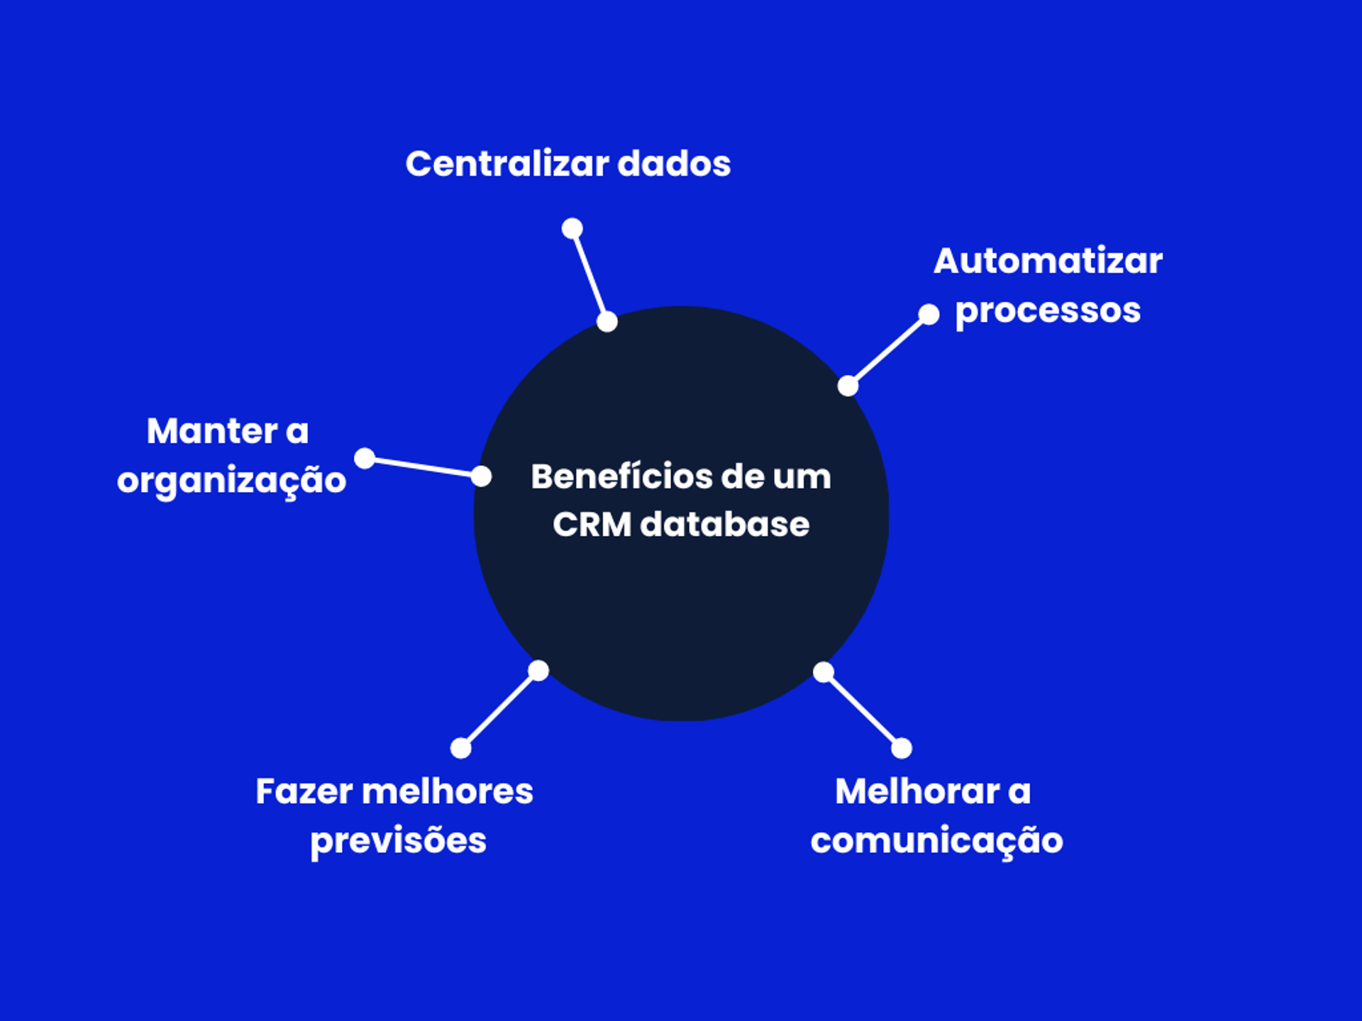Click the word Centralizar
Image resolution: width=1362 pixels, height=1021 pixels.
click(x=506, y=164)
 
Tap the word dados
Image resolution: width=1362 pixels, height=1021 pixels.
click(x=673, y=164)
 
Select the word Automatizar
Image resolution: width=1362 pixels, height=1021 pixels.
click(x=1048, y=261)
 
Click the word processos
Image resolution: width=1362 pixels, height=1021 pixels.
click(x=1048, y=311)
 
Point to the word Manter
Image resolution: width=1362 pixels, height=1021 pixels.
click(x=211, y=431)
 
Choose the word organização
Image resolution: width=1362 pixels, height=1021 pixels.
click(x=231, y=481)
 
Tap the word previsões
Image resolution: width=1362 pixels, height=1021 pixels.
click(x=398, y=841)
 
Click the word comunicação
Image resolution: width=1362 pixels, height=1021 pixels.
click(x=936, y=841)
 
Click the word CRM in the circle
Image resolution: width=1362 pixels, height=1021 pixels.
click(x=592, y=525)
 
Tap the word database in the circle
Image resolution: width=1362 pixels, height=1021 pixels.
click(x=724, y=525)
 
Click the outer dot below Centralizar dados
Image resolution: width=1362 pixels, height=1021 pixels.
click(x=572, y=228)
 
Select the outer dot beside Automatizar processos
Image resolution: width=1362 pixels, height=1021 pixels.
click(x=929, y=314)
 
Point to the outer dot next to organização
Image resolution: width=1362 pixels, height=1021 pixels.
click(x=365, y=458)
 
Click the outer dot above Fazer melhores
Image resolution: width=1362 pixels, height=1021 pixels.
click(x=461, y=748)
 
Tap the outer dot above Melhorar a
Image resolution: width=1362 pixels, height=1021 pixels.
click(x=902, y=748)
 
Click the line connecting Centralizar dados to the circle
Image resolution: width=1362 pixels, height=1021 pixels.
click(x=589, y=275)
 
